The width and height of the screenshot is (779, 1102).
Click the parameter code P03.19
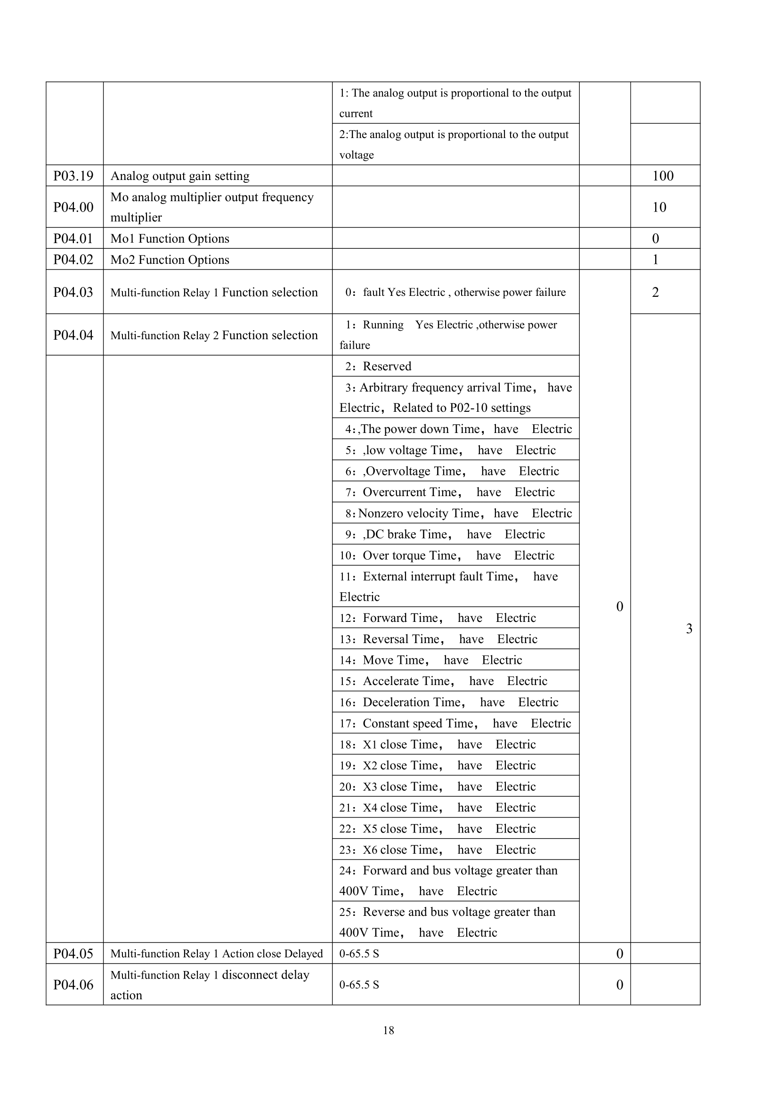[73, 176]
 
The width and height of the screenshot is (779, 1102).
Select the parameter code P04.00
[73, 207]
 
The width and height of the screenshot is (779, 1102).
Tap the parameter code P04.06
[73, 985]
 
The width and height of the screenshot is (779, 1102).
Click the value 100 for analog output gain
[663, 176]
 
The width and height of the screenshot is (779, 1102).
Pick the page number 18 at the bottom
[389, 1030]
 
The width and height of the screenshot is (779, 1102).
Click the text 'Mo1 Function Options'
[170, 238]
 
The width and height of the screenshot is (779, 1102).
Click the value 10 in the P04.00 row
[659, 207]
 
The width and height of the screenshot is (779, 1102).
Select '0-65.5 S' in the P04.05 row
[359, 954]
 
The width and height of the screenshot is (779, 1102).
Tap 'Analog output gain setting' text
[180, 176]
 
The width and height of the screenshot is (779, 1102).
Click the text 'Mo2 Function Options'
[170, 260]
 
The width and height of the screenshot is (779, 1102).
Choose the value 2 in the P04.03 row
[655, 292]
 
